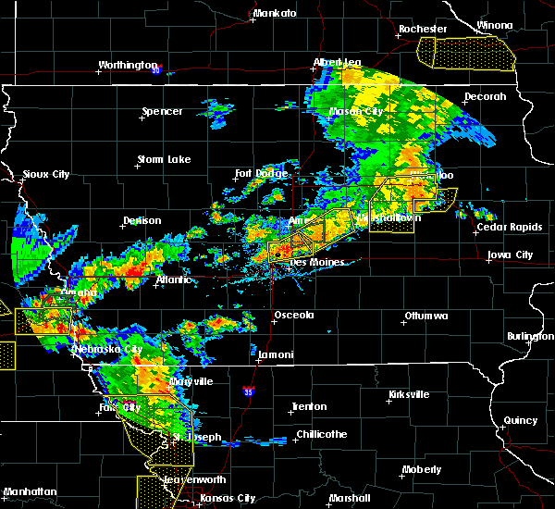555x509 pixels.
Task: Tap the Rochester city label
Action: [423, 29]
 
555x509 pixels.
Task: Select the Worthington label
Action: [129, 65]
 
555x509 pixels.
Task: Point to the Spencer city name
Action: [162, 112]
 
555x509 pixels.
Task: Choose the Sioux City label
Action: [45, 173]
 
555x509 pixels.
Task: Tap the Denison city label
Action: [142, 220]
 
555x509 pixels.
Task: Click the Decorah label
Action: [486, 96]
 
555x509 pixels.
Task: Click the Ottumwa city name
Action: [425, 317]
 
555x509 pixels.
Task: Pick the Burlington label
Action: [529, 336]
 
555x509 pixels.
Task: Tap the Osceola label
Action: [294, 315]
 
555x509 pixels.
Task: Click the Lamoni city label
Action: [277, 354]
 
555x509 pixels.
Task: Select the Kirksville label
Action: [407, 394]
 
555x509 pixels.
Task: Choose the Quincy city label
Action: [521, 420]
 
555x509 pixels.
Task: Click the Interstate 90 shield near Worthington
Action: [156, 69]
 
